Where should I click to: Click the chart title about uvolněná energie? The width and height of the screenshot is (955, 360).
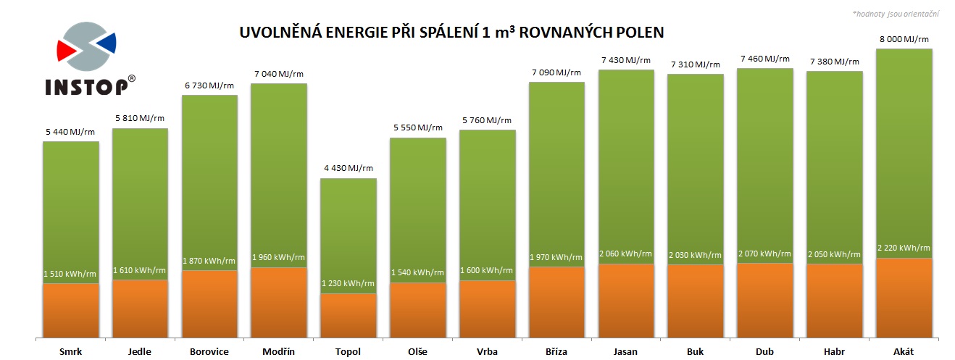coord(451,33)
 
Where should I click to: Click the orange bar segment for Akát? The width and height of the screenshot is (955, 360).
coord(904,297)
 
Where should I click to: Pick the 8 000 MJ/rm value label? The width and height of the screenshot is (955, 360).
coord(903,40)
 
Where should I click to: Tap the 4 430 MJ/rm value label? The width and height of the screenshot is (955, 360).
coord(349,169)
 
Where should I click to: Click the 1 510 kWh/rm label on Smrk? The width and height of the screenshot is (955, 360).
coord(70,273)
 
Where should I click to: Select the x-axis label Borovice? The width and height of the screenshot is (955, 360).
coord(209,352)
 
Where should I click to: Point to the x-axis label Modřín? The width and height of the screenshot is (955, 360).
coord(279,352)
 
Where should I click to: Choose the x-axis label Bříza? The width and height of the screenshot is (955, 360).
coord(556,352)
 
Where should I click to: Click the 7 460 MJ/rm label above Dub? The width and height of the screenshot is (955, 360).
coord(764,59)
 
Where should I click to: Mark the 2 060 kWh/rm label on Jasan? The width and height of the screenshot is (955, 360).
coord(626,254)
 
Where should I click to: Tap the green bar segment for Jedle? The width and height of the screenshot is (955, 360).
coord(140,203)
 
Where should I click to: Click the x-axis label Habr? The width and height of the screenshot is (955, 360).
coord(834,352)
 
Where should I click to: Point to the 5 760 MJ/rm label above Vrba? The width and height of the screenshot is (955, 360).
coord(486,120)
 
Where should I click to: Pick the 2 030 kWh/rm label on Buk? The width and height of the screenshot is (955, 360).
coord(696,255)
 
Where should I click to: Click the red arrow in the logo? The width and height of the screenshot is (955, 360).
coord(67,50)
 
